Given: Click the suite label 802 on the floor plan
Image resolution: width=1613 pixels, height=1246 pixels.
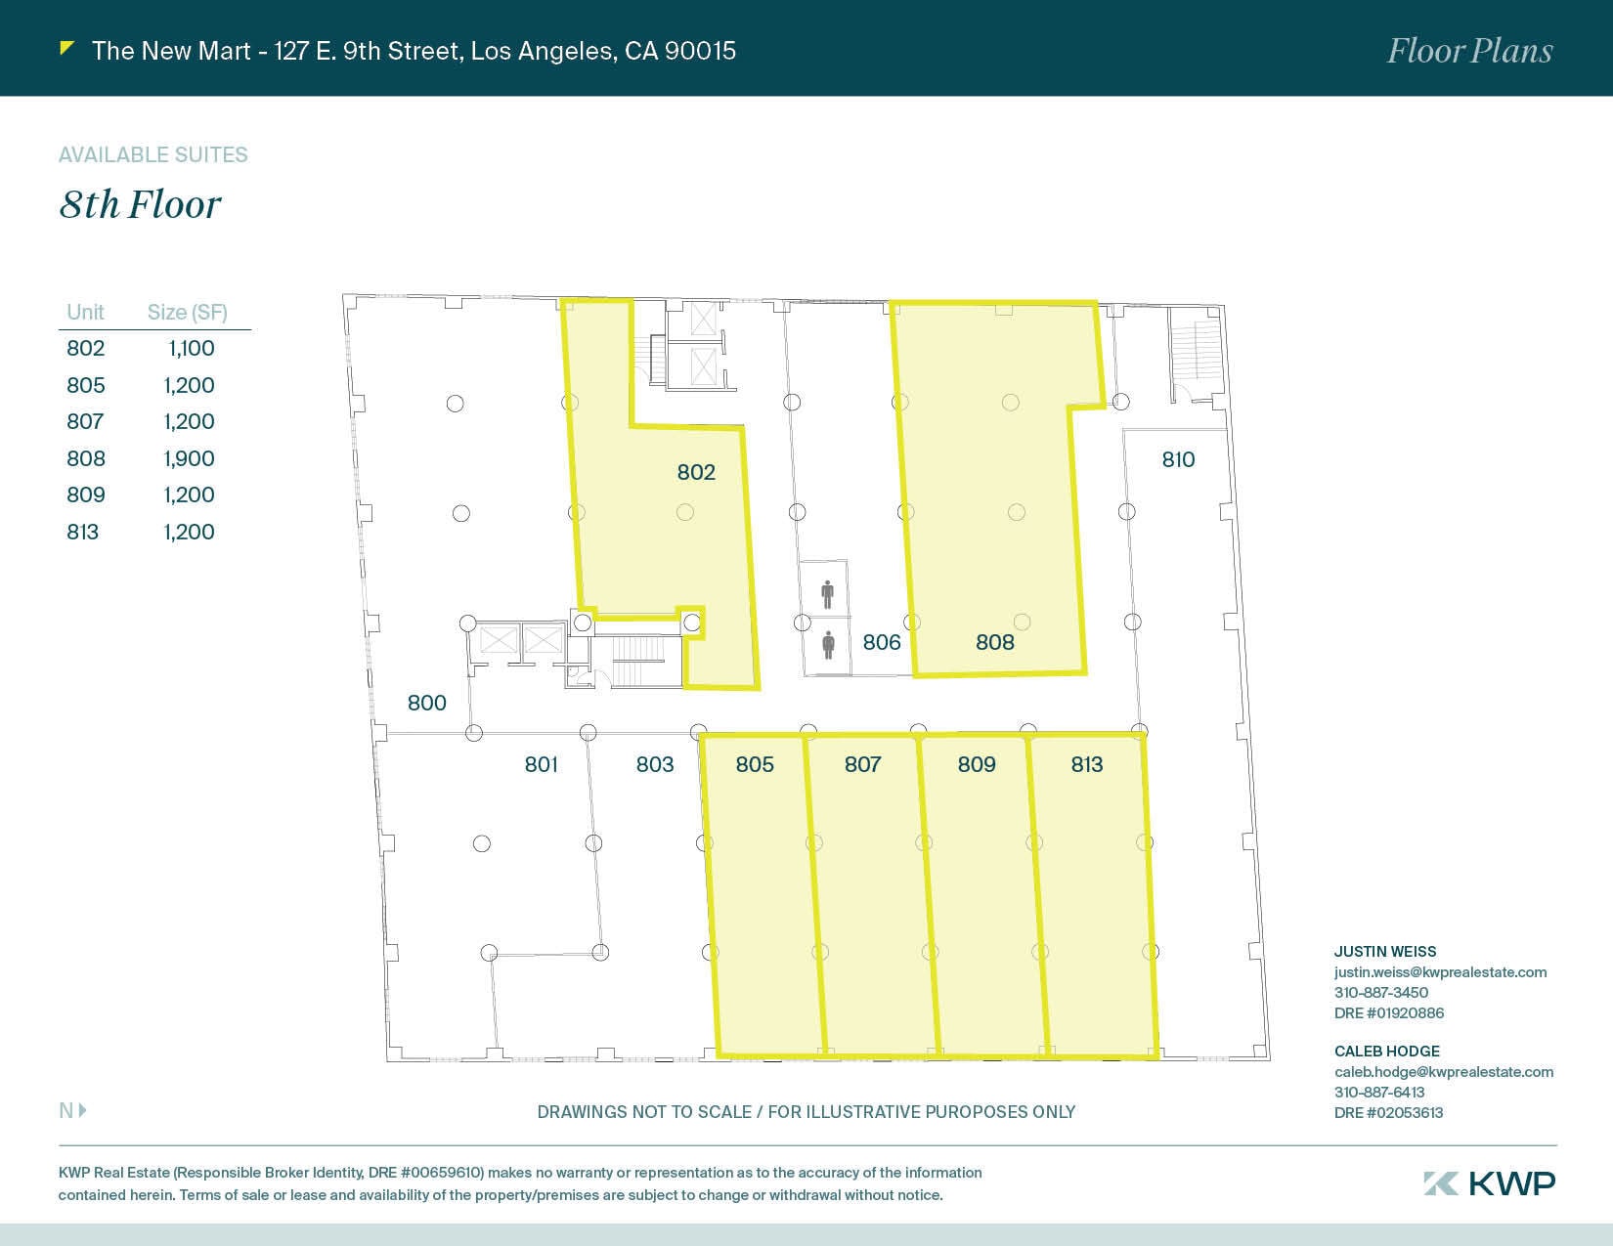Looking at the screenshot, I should [x=696, y=472].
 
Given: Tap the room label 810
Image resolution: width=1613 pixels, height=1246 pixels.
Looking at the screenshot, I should [x=1178, y=459].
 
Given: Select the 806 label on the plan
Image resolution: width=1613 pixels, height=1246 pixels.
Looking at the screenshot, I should [x=881, y=642].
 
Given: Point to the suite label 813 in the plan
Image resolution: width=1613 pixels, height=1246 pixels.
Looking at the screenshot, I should [x=1086, y=764].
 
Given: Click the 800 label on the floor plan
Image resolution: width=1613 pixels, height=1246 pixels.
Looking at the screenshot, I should [x=426, y=703].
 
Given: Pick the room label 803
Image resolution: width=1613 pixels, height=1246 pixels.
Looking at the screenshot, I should [x=654, y=764].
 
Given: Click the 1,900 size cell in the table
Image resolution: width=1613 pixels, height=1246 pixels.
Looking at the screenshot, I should [x=189, y=458].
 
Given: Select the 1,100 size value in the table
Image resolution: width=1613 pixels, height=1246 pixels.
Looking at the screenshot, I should [x=191, y=348].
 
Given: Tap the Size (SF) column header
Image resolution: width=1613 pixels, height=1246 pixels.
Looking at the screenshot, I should [x=187, y=312].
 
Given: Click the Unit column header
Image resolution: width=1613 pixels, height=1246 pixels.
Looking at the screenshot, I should [x=85, y=312].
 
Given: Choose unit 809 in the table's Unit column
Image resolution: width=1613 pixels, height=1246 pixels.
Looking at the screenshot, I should [x=86, y=494].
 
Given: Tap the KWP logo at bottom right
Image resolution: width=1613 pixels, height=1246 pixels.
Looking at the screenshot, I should [x=1489, y=1182].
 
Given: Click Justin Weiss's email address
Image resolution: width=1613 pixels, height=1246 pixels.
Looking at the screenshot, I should [x=1440, y=971].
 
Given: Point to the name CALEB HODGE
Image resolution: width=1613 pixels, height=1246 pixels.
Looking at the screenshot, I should [x=1386, y=1051].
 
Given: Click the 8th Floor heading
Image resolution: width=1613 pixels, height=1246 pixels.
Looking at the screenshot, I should [x=140, y=204].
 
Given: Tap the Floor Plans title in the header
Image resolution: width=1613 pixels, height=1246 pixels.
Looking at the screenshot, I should [x=1469, y=51].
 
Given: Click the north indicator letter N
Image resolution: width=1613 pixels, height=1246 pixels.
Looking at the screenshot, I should [x=66, y=1110].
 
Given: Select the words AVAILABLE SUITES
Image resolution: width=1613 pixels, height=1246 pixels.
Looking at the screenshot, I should [x=153, y=154].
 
